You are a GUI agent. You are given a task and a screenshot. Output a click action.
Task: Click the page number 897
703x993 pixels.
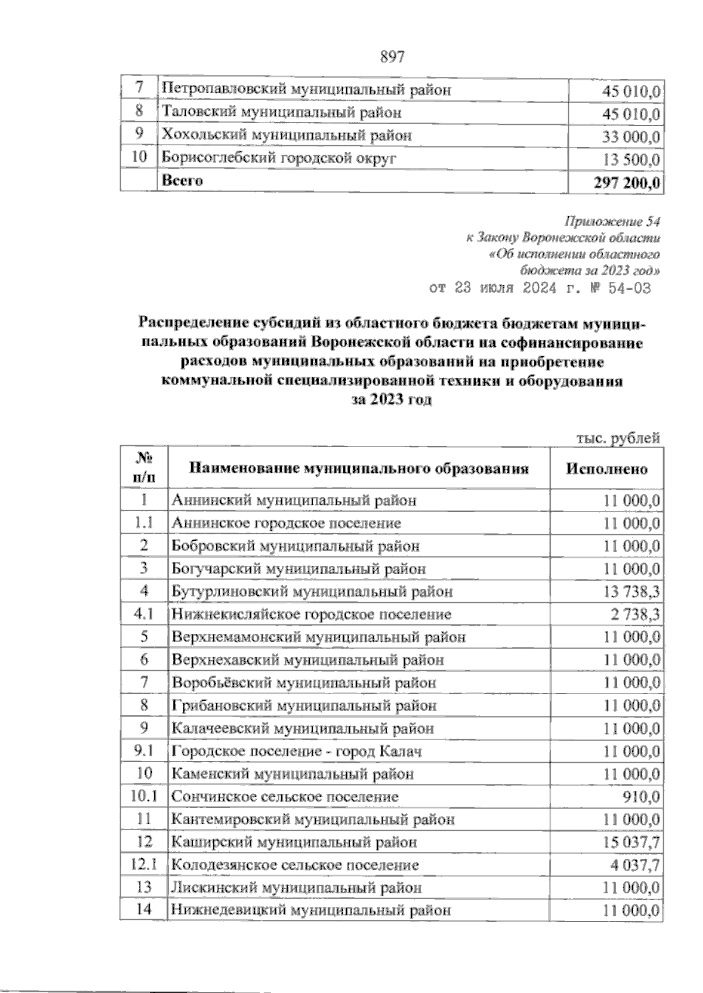393,57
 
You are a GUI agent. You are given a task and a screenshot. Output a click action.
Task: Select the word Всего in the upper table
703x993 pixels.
182,180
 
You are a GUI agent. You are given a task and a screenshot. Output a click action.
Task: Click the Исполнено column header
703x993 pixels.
606,469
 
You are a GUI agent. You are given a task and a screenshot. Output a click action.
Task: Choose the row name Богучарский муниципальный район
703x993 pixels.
299,569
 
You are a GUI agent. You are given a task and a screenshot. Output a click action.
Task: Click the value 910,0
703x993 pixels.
642,797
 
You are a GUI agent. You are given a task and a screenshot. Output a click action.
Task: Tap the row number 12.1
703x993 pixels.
144,865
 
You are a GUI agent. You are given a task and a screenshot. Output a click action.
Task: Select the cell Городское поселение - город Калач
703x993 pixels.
296,751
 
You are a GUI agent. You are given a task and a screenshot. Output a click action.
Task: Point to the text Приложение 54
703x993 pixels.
612,222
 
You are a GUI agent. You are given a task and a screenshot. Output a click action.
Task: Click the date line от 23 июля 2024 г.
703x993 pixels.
539,288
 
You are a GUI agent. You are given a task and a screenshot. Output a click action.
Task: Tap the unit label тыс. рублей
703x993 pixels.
619,438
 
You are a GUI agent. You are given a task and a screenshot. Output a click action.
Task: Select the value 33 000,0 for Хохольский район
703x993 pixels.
631,137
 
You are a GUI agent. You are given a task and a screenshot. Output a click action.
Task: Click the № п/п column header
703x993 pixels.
144,468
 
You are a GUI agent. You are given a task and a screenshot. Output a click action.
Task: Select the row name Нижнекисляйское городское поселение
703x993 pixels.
311,615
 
